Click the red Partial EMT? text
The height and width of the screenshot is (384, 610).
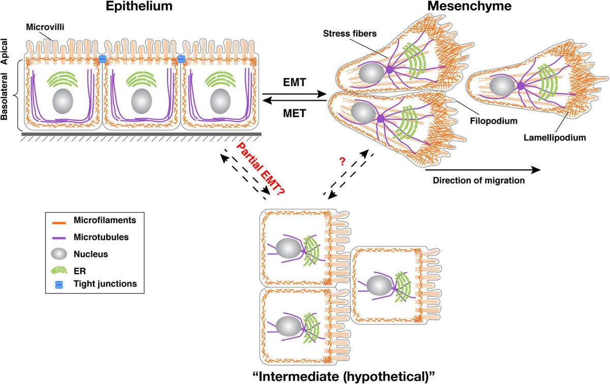259,167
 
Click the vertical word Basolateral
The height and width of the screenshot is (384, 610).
7,96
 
